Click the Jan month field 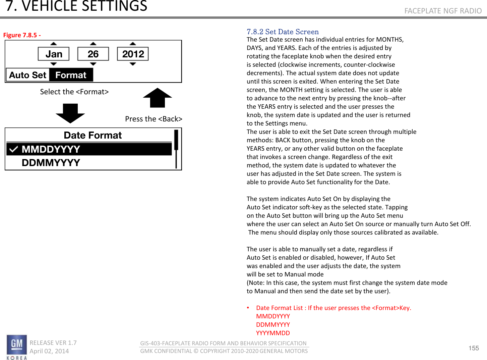point(54,54)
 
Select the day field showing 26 point(93,54)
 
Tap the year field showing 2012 point(133,54)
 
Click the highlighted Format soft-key point(71,75)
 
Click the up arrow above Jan point(54,44)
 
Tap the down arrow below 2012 point(133,64)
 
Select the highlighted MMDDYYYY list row point(89,149)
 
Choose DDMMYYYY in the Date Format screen point(51,163)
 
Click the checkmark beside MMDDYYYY point(13,149)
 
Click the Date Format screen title point(93,135)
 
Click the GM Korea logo point(16,347)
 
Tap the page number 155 point(473,348)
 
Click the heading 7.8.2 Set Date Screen point(283,32)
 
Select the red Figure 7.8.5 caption point(22,35)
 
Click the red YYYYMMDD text point(273,333)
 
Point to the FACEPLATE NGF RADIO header point(443,11)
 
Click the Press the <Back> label point(154,119)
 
